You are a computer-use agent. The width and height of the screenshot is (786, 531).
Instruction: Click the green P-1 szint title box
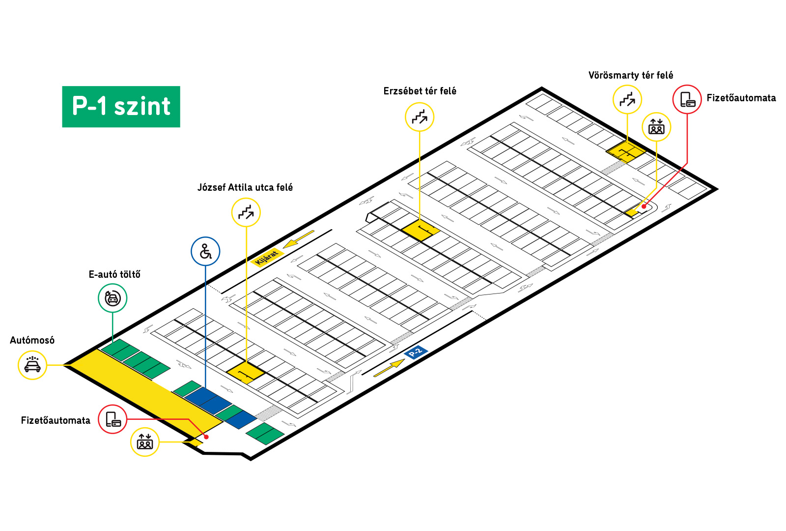click(x=121, y=107)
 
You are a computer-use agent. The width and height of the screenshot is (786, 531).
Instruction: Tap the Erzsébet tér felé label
click(x=420, y=91)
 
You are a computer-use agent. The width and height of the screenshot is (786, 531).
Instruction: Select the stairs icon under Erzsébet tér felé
click(x=420, y=117)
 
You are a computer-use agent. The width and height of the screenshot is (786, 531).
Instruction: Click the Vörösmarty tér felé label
click(x=631, y=75)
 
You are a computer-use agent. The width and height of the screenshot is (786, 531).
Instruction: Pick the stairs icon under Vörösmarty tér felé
click(x=627, y=99)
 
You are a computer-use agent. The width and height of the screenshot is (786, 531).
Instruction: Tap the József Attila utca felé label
click(x=245, y=187)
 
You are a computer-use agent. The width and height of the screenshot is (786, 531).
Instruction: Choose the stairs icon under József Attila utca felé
click(x=246, y=212)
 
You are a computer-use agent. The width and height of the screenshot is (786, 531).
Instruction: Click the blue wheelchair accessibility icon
click(x=205, y=251)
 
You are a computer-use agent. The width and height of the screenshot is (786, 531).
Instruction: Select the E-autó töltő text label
click(x=114, y=274)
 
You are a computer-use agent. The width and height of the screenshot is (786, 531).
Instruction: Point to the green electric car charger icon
click(x=112, y=298)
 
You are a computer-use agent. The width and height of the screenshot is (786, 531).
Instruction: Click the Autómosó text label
click(x=32, y=340)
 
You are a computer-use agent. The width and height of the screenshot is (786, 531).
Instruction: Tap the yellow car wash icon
click(x=32, y=365)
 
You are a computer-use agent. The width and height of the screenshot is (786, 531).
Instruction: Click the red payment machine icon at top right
click(x=687, y=99)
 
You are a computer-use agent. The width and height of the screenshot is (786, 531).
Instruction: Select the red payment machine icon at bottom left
click(x=112, y=419)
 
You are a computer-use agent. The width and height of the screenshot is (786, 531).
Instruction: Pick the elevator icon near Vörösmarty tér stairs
click(x=656, y=127)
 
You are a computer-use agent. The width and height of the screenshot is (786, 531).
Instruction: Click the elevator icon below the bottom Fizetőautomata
click(x=145, y=442)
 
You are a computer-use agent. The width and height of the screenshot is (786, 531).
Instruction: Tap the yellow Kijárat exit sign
click(x=267, y=257)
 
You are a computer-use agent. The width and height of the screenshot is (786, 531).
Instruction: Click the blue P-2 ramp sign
click(x=416, y=352)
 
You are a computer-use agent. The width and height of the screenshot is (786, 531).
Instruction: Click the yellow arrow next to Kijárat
click(x=298, y=239)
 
